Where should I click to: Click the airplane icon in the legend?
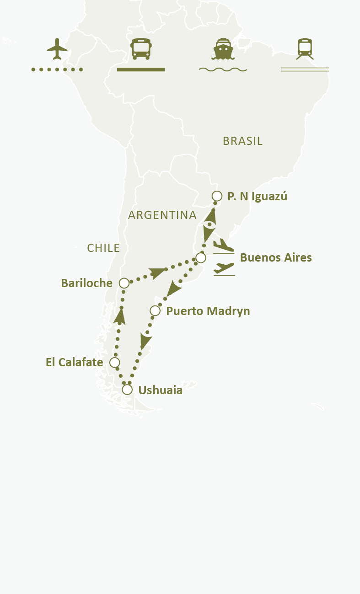(x=57, y=49)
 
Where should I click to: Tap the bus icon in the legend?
(x=141, y=49)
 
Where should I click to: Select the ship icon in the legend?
(x=223, y=49)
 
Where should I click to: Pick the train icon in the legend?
(x=305, y=49)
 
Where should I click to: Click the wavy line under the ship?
(x=223, y=70)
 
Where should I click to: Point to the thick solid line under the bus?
(x=141, y=70)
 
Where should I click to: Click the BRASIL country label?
(x=242, y=141)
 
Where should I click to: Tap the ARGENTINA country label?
(x=162, y=215)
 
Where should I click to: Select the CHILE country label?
(x=103, y=248)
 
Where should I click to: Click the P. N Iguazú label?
(x=258, y=197)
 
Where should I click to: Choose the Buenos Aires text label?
(x=276, y=258)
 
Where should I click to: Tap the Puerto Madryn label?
(x=208, y=311)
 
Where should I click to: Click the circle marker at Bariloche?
(x=124, y=283)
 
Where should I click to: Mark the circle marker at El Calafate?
(x=115, y=363)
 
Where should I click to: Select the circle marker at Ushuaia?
(x=127, y=390)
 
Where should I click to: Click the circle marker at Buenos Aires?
(x=201, y=258)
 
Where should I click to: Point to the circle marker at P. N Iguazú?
(x=217, y=196)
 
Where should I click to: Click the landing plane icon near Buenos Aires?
(x=224, y=246)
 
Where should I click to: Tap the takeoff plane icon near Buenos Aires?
(x=224, y=268)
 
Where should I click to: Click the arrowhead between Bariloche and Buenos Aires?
(x=158, y=273)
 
